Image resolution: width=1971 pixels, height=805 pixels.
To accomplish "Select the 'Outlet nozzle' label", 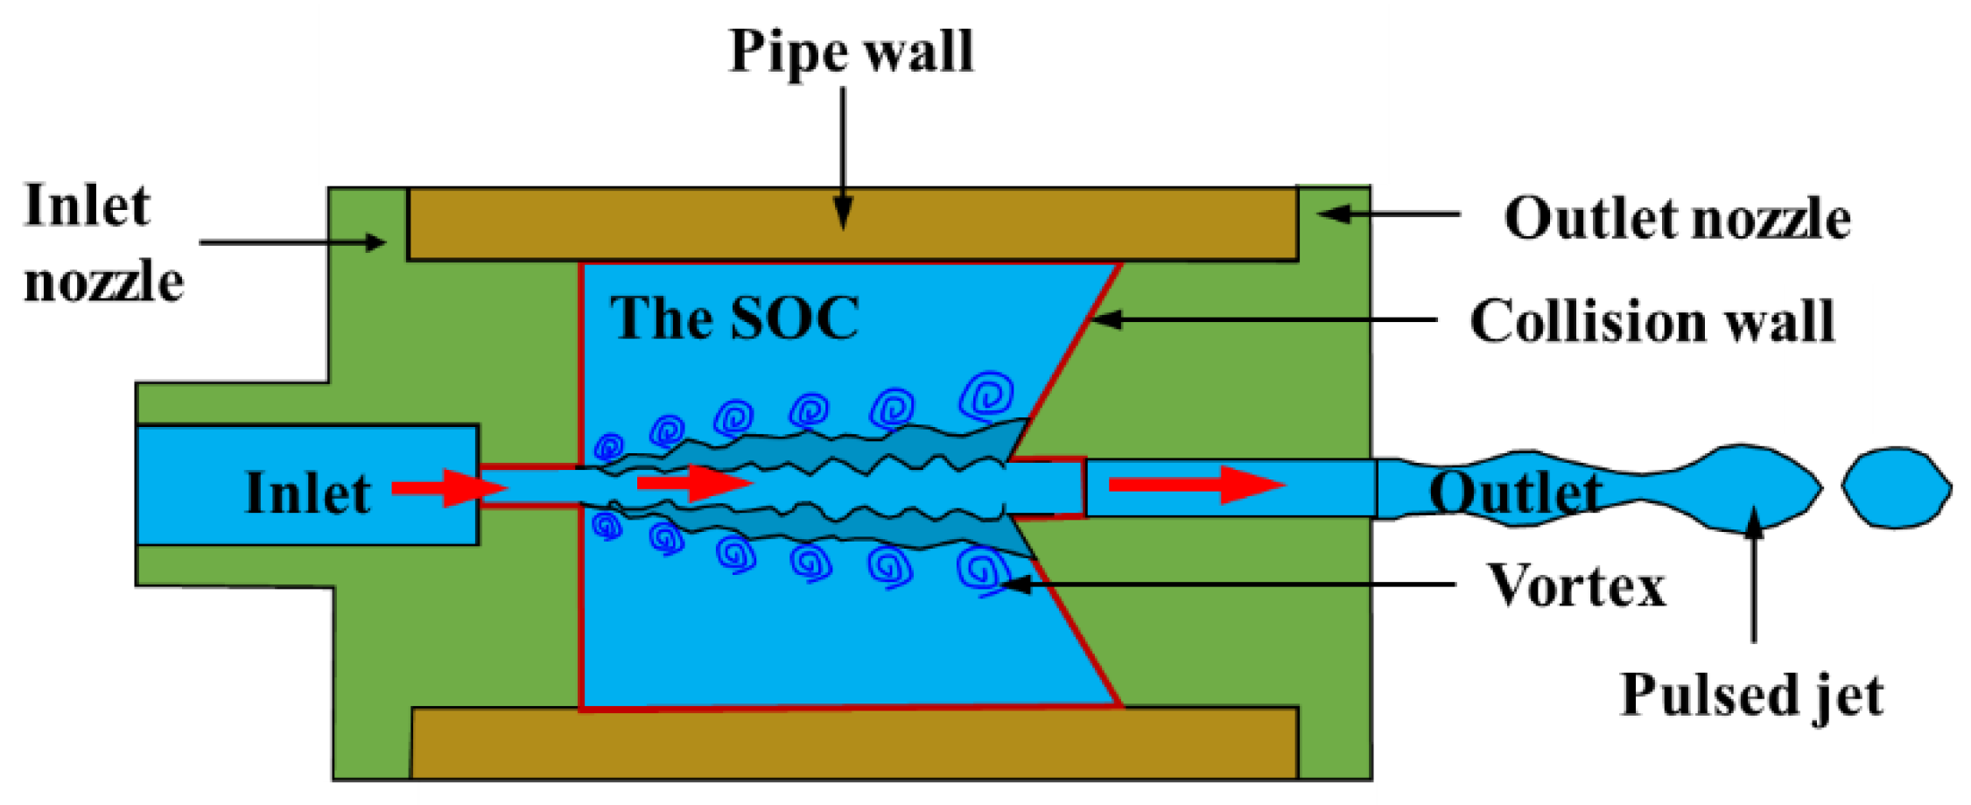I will [x=1677, y=218].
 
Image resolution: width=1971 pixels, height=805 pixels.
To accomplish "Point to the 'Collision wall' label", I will [x=1652, y=321].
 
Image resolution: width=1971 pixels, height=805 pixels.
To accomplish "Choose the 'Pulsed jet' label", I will [x=1751, y=696].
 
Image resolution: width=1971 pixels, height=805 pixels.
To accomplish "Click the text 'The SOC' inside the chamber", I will [x=733, y=318].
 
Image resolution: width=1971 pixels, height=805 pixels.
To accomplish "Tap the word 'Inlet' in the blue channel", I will [x=307, y=493].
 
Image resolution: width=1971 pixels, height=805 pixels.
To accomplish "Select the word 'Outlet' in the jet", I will [x=1515, y=493].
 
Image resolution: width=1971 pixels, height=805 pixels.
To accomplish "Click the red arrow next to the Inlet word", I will [x=448, y=487].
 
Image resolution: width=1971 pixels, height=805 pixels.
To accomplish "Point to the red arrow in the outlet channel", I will [x=1196, y=485].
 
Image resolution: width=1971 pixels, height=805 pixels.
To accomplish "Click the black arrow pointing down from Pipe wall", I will [x=843, y=157].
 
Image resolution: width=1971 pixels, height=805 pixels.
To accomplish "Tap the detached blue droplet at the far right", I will [x=1896, y=487].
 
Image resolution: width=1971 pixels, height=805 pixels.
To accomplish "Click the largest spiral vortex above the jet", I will [x=987, y=396].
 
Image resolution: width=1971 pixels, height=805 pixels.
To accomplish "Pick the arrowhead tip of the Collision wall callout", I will [x=1094, y=319].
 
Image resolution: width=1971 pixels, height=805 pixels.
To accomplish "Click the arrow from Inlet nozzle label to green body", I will [x=293, y=242].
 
